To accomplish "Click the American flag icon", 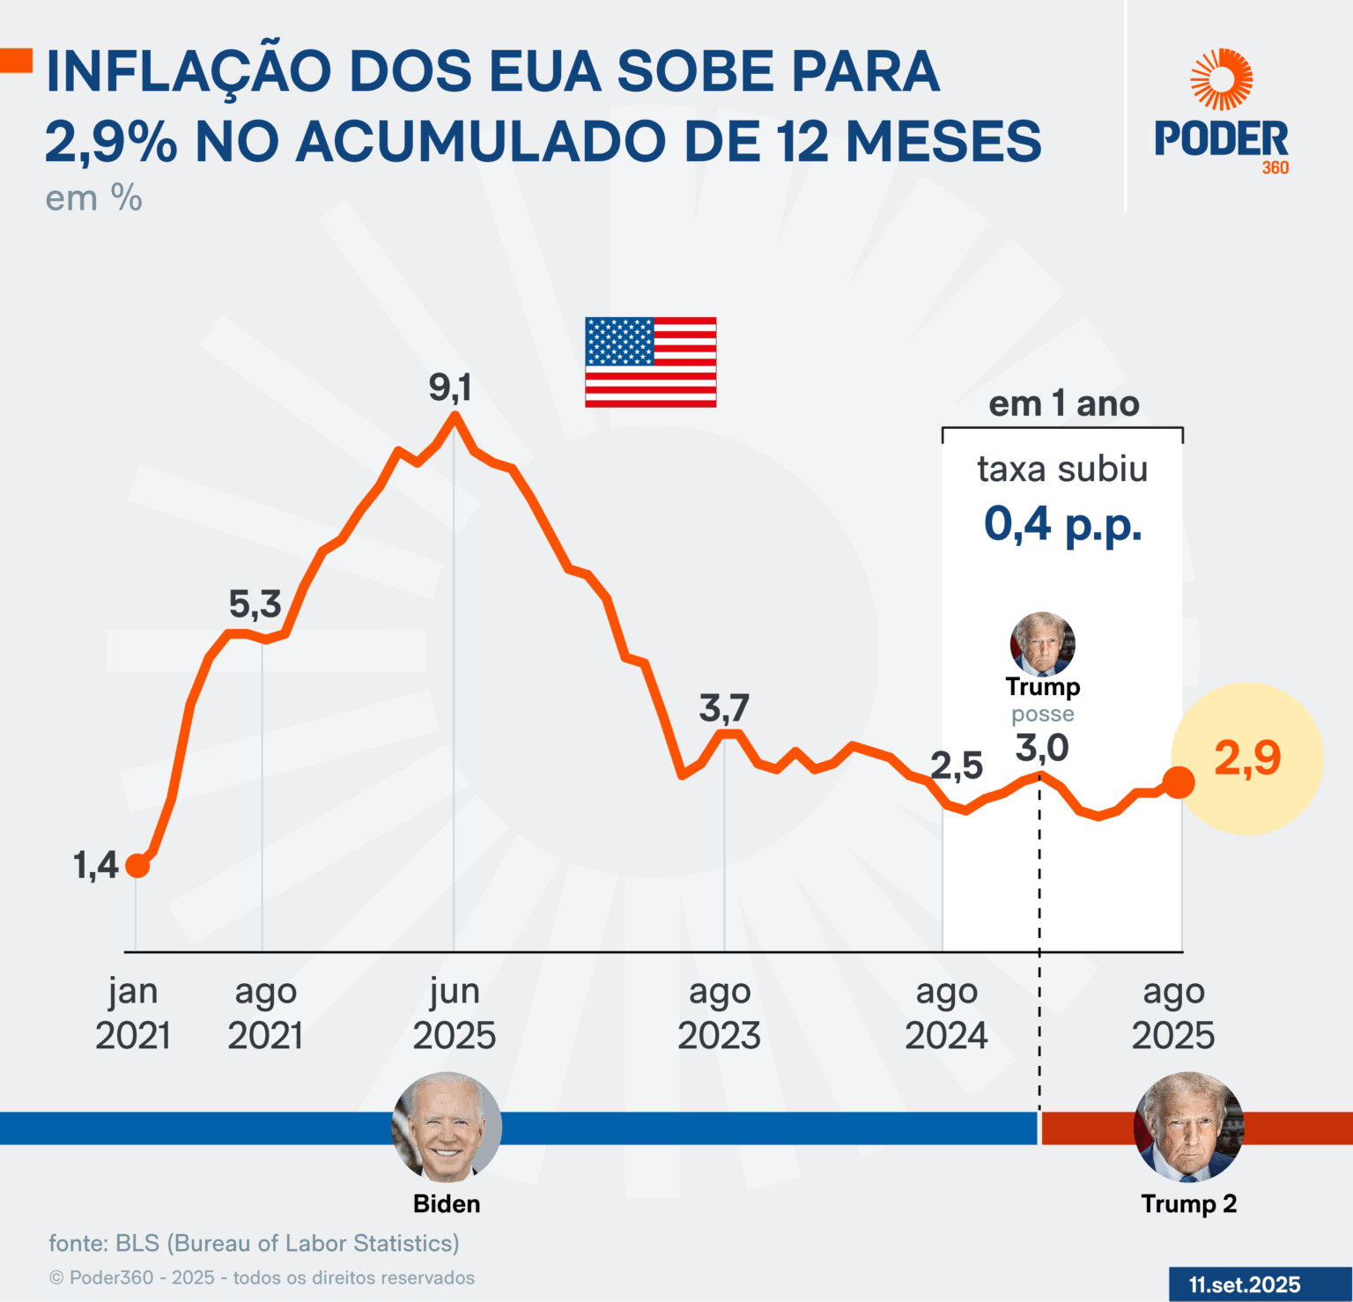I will (x=650, y=362).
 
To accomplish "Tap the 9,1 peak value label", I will (x=450, y=388).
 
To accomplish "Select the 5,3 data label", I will (x=255, y=604).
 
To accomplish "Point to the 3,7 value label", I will (x=724, y=708).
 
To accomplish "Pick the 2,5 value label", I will (x=957, y=766).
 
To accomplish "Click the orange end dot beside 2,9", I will (x=1179, y=781).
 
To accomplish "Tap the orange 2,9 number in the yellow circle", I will (x=1247, y=758).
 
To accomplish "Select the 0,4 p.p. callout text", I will (x=1062, y=524).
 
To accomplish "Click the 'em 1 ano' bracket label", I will (x=1063, y=404).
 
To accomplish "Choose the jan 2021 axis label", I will (x=133, y=1013).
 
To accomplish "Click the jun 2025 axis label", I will (x=455, y=1013).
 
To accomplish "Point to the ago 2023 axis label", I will (x=719, y=1013).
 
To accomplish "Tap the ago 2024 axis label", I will (x=946, y=1013).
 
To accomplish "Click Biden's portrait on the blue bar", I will (x=447, y=1127).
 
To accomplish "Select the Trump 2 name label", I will (x=1188, y=1203).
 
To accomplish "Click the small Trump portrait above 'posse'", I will (x=1042, y=644).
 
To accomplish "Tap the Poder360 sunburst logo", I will (x=1221, y=80).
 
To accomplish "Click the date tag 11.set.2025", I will (x=1244, y=1284).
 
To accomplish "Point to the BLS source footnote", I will (x=254, y=1243).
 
